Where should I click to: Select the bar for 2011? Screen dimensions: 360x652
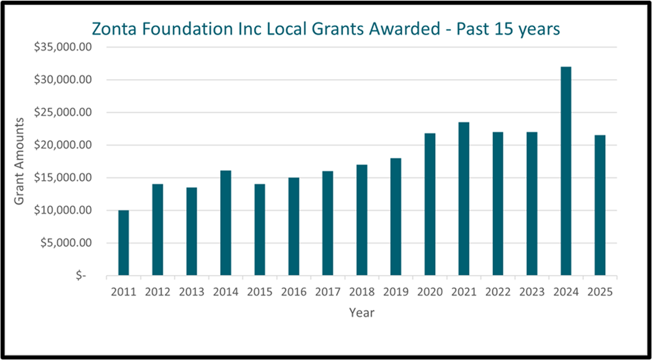124,242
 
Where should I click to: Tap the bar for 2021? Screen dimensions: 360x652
464,199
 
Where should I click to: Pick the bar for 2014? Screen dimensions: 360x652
226,223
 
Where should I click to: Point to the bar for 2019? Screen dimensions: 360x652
396,217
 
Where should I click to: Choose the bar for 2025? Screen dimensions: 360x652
600,205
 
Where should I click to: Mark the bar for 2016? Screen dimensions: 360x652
294,226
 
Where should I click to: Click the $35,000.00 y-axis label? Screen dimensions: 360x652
63,47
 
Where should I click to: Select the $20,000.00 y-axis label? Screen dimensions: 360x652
63,145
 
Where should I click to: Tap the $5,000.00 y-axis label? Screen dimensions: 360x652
66,243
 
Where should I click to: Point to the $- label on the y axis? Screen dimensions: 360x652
81,275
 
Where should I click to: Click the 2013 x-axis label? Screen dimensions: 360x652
192,292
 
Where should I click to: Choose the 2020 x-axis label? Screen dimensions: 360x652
430,292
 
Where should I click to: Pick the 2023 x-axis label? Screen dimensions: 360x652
532,292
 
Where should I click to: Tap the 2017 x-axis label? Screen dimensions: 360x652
328,292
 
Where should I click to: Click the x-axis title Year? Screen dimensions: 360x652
362,313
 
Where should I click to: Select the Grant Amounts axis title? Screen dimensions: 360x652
19,161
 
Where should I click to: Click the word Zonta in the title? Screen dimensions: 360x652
114,29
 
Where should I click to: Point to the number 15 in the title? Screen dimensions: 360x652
504,29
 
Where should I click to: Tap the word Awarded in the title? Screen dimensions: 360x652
405,29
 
